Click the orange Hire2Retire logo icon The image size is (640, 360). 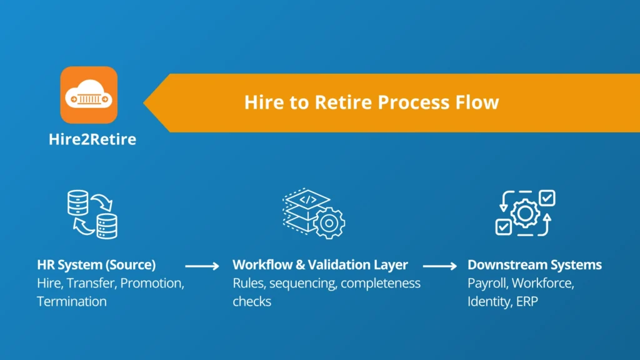pos(89,95)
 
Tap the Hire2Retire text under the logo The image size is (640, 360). pos(92,139)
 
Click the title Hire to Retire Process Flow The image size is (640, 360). pos(371,102)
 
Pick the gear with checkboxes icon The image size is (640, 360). pos(525,213)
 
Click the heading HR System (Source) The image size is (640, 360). pos(96,264)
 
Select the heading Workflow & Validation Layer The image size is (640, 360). pos(320,264)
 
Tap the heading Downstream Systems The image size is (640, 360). pos(534,264)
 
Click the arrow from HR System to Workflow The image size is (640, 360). pos(202,266)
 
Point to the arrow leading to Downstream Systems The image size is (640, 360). pos(440,266)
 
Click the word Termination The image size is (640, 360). pos(71,301)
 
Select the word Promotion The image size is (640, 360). pos(152,283)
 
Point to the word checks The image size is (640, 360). pos(252,301)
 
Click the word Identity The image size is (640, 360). pos(487,301)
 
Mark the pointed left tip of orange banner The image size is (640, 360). pos(145,102)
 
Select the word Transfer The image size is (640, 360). pos(93,283)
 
